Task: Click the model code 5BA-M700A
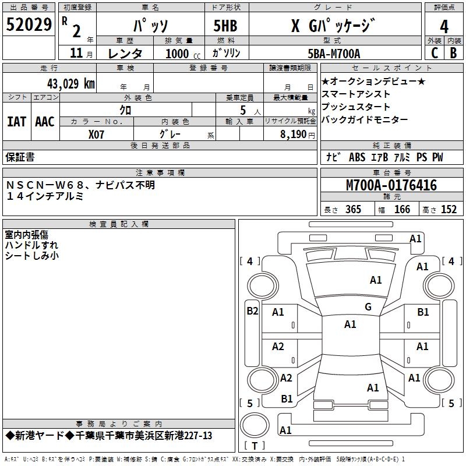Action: click(334, 54)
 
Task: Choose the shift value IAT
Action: click(16, 122)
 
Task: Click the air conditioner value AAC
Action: click(45, 122)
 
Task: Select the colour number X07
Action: click(97, 134)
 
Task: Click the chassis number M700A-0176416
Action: click(391, 185)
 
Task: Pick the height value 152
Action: click(449, 210)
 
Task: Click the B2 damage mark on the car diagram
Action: click(252, 311)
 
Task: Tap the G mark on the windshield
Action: click(368, 307)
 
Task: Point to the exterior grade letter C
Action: click(434, 53)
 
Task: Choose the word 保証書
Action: click(20, 157)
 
